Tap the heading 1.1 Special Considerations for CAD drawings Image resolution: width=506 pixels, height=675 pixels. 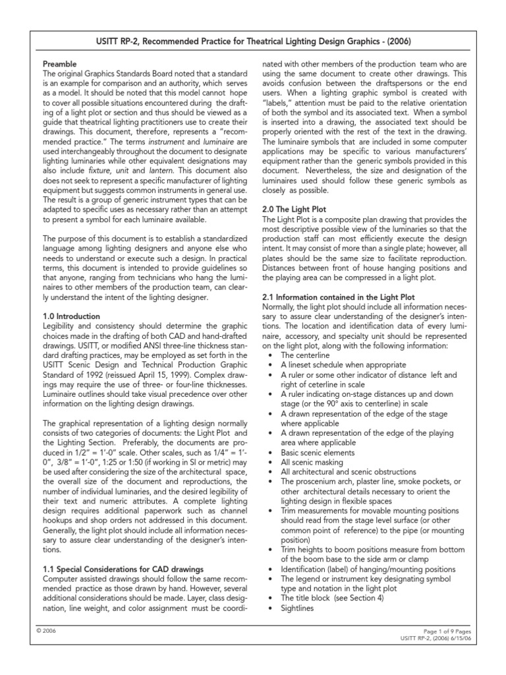[123, 568]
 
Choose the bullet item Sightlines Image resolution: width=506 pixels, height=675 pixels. [298, 608]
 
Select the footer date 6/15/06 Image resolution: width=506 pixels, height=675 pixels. [457, 638]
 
